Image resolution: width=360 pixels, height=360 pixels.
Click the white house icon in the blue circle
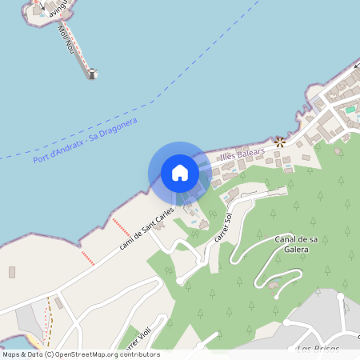pos(180,173)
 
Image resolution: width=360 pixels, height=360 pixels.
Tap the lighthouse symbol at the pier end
pos(92,74)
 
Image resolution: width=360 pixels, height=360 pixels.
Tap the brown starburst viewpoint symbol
pos(280,142)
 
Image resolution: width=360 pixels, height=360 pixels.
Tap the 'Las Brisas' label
pos(318,350)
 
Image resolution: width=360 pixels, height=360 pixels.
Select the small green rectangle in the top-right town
pos(350,109)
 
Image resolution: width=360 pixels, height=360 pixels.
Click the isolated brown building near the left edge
pos(12,272)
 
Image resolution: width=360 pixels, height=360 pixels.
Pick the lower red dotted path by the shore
pos(87,258)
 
